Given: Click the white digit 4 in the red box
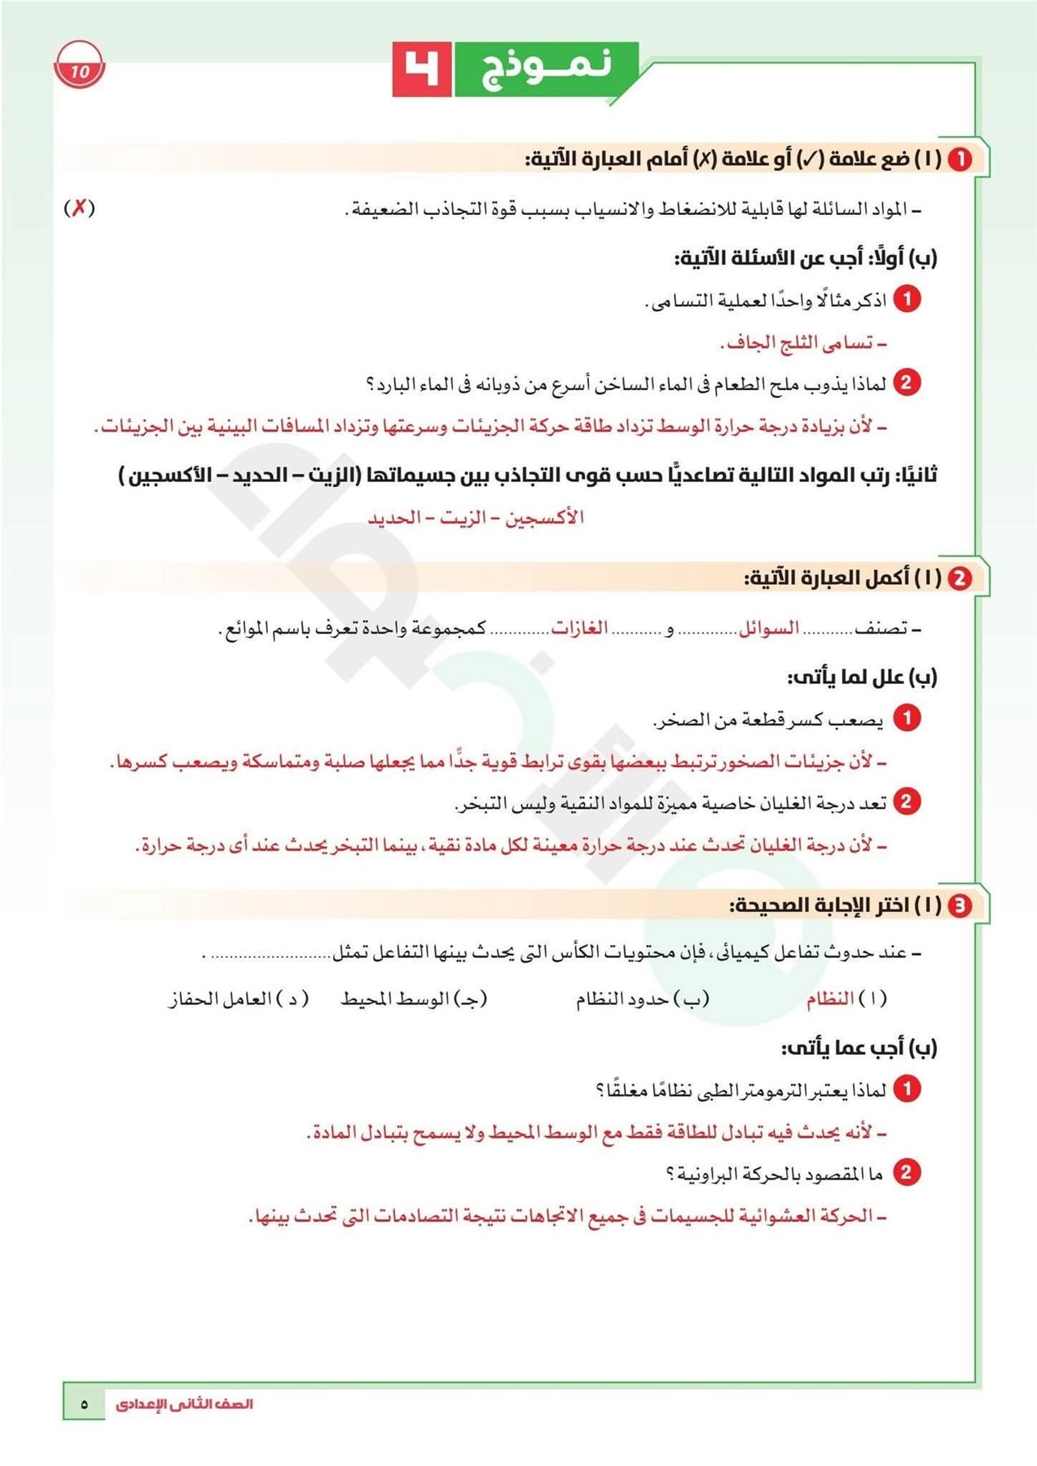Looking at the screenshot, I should click(x=422, y=68).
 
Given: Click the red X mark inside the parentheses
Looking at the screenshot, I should click(x=79, y=208).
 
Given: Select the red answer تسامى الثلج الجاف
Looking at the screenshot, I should click(x=802, y=343).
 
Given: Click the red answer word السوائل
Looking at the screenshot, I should click(x=768, y=629).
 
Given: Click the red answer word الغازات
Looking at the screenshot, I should click(x=580, y=629).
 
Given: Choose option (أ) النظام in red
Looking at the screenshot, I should click(x=845, y=999).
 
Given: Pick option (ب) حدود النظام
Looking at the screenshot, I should click(x=643, y=999).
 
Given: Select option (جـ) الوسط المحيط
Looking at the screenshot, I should click(x=414, y=999).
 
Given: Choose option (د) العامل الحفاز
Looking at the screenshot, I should click(x=238, y=999).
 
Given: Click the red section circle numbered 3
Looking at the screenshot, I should click(x=960, y=905).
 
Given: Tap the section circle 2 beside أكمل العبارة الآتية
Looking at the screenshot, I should click(x=960, y=577).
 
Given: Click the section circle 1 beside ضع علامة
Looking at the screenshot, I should click(x=960, y=159).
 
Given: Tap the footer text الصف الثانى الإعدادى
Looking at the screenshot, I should click(x=184, y=1404).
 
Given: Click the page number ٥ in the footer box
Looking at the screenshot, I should click(x=84, y=1404).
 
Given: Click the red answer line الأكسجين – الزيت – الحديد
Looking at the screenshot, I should click(x=476, y=518).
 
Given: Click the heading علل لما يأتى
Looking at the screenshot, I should click(x=862, y=677).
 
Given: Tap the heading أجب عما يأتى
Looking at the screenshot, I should click(x=859, y=1047).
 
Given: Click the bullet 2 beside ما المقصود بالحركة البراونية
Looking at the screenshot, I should click(x=906, y=1173).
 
